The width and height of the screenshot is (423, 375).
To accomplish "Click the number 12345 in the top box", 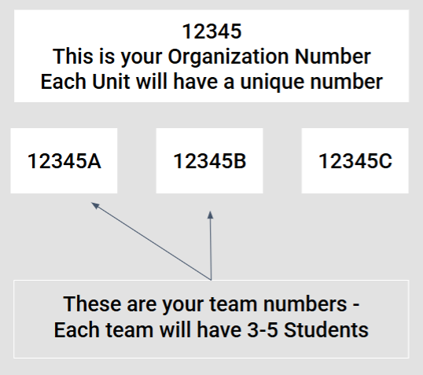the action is pos(211,31).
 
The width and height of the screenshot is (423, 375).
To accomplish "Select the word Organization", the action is pos(228,57).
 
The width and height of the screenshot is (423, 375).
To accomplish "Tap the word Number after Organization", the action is pos(333,57).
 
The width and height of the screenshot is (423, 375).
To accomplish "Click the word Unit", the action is pos(111,82).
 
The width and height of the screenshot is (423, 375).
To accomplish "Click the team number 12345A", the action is pos(64,161).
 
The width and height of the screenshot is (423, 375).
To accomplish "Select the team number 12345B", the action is pos(210,161).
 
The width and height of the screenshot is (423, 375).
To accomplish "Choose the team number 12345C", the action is pos(355,161).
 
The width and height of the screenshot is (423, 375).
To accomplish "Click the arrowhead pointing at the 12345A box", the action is pos(95,205).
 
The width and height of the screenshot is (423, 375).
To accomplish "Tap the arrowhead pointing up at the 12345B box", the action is pos(211,215).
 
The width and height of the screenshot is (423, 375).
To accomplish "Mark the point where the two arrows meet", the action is pos(211,280).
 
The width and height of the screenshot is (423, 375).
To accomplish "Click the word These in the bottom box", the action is pos(92,304).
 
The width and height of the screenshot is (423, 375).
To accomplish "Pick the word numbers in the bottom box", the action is pos(305,304).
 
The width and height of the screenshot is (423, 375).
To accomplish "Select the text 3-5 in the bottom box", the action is pos(263,330).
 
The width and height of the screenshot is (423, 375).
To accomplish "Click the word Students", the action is pos(326,329).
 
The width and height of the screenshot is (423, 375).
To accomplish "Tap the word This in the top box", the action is pos(73,57).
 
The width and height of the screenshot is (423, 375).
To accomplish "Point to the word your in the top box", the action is pos(141,59).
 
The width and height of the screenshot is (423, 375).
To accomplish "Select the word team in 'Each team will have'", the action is pos(129,330).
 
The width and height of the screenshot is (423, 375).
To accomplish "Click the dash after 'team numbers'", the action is pos(356,305).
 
